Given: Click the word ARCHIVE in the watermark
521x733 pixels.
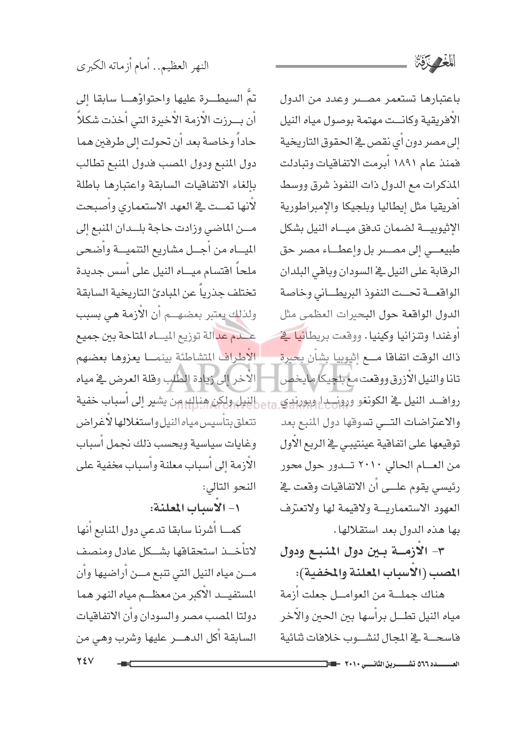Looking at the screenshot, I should coord(260,385).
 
